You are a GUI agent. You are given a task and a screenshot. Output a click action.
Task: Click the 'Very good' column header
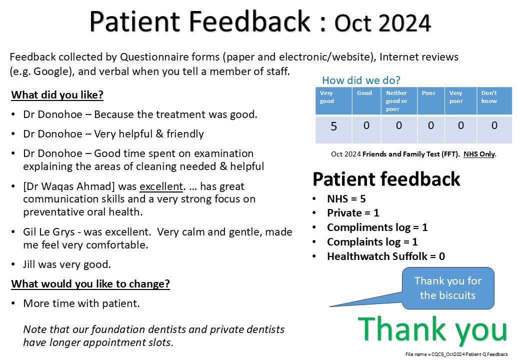click(x=326, y=97)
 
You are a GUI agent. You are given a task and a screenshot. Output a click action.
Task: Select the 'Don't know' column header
click(x=489, y=97)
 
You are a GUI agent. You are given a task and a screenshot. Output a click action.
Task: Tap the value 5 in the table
click(x=333, y=126)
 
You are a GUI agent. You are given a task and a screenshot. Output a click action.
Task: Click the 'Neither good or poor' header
click(x=396, y=101)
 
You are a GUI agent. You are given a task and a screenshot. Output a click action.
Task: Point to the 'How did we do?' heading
click(x=361, y=80)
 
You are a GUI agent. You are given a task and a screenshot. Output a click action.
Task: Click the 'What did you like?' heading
click(x=57, y=95)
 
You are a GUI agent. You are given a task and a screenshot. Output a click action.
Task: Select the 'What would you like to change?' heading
click(x=90, y=284)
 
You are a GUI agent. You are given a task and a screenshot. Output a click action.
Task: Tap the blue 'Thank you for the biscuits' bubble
click(x=447, y=288)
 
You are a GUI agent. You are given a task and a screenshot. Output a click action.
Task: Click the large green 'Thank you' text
click(x=432, y=330)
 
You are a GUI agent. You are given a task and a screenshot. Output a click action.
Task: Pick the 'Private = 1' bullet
click(x=353, y=213)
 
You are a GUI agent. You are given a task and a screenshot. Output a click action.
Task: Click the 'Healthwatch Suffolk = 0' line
click(x=386, y=256)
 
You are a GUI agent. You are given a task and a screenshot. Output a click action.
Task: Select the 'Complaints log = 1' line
click(x=372, y=242)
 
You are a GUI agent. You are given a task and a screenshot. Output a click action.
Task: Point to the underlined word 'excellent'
click(x=161, y=186)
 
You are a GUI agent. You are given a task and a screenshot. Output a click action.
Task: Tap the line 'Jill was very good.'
click(x=67, y=264)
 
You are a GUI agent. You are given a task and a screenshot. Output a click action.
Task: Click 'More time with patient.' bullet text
click(x=81, y=303)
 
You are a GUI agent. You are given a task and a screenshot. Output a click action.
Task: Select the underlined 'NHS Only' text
click(x=479, y=154)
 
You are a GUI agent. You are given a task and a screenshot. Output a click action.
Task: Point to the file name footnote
click(x=456, y=354)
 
